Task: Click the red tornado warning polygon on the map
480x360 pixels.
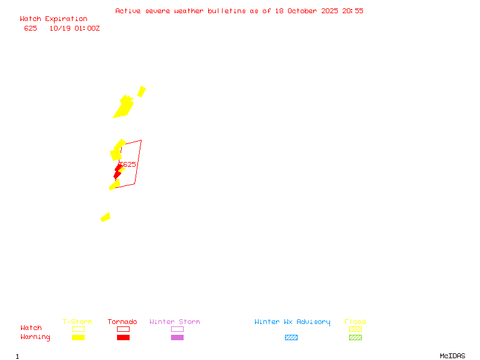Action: (x=118, y=172)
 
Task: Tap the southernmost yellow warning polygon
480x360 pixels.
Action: (x=106, y=217)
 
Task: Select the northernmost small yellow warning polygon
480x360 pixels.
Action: (x=142, y=91)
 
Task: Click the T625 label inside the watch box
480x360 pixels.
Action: (x=127, y=164)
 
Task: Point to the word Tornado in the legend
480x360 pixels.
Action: (x=122, y=322)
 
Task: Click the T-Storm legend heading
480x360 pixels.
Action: (x=77, y=322)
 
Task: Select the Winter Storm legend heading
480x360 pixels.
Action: (x=175, y=322)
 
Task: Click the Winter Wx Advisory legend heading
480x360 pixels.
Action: (x=292, y=322)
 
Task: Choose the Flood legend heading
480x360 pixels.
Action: (x=355, y=322)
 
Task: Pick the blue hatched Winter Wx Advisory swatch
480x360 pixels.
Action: (x=291, y=338)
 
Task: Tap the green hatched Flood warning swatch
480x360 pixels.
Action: (x=355, y=338)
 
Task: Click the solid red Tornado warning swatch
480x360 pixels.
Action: (x=123, y=338)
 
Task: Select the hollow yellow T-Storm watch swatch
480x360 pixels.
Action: (x=78, y=329)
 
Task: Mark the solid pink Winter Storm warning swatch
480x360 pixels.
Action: (x=177, y=338)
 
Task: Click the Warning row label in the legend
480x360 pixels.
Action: (x=35, y=337)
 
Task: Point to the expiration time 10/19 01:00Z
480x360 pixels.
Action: (x=74, y=28)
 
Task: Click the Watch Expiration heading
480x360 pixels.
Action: (x=53, y=19)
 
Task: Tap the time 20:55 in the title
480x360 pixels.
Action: (x=353, y=11)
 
